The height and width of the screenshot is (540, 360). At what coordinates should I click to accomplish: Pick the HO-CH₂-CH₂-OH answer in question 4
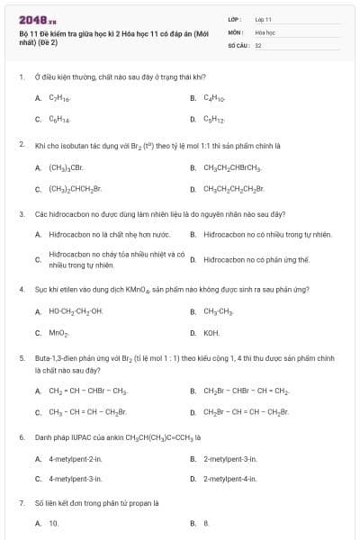point(76,311)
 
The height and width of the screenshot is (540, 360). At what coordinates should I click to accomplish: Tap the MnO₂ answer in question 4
point(59,333)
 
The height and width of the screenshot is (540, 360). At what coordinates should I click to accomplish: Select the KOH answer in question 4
point(211,333)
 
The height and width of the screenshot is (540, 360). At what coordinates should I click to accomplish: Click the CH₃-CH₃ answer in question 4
point(217,311)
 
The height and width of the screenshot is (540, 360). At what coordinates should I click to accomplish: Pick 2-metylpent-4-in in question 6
point(230,481)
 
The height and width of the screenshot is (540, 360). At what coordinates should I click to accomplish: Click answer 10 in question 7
point(54,523)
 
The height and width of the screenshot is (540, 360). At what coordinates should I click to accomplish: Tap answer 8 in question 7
point(206,523)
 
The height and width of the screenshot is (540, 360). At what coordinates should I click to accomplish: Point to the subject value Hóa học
point(265,31)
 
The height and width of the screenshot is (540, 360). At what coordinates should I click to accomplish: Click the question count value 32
point(258,43)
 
